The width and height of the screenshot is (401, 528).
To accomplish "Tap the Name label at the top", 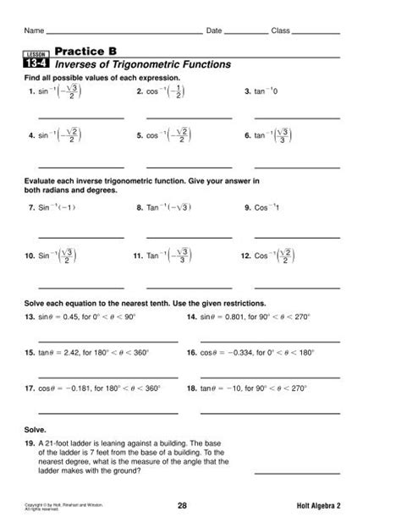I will [34, 30].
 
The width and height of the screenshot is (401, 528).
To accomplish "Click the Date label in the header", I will [214, 30].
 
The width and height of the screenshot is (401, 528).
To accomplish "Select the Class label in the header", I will [280, 30].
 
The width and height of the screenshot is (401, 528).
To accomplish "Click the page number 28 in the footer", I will [182, 505].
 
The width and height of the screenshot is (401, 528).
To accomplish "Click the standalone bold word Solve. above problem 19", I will [36, 429].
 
